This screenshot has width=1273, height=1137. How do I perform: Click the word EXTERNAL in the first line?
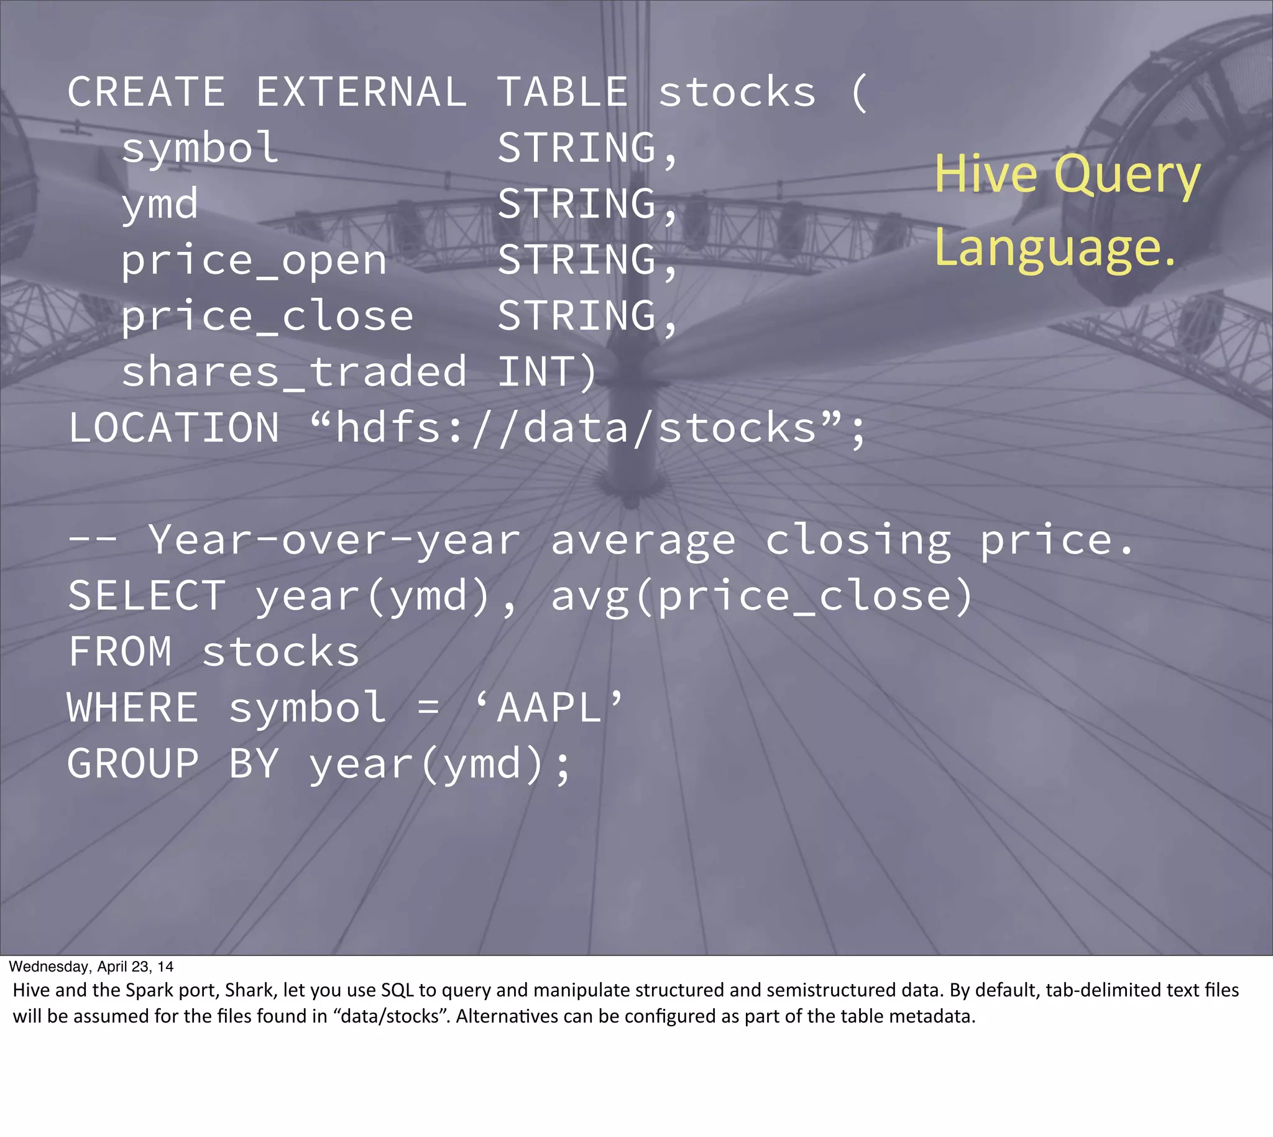pos(361,93)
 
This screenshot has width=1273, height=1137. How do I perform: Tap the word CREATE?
pos(145,93)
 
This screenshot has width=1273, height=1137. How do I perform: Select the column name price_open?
pos(254,261)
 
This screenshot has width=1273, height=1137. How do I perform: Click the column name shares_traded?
pos(293,372)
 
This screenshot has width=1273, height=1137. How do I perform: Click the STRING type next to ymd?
pos(577,204)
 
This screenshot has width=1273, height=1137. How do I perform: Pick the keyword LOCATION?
pos(173,428)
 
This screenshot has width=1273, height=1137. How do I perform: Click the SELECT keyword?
pos(146,596)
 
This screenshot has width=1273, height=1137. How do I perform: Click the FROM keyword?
pos(120,652)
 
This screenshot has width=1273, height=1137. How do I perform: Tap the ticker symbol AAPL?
pos(549,708)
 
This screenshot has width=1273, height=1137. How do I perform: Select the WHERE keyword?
pos(133,708)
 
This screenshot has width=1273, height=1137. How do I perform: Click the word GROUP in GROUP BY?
pos(133,763)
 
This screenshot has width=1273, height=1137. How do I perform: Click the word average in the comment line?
pos(643,541)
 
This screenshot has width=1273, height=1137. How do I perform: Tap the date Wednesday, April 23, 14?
pos(91,967)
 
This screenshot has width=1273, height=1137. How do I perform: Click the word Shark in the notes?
pos(250,990)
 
